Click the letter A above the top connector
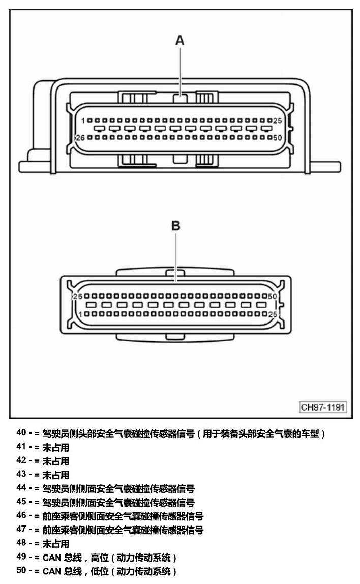(180, 40)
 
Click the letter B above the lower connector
(176, 226)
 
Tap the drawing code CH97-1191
(323, 407)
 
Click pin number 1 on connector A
(83, 120)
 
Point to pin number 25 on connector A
(277, 120)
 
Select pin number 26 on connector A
(80, 138)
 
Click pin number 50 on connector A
(277, 138)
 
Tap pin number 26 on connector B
(78, 297)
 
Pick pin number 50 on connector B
(273, 297)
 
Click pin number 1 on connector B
(80, 314)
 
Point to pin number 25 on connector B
(273, 314)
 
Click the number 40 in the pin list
(21, 433)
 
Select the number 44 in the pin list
(21, 488)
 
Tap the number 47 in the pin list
(21, 529)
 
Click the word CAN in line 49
(52, 558)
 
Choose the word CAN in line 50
(52, 571)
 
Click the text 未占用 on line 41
(56, 447)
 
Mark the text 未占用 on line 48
(56, 544)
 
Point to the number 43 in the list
(21, 474)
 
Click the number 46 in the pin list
(21, 515)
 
